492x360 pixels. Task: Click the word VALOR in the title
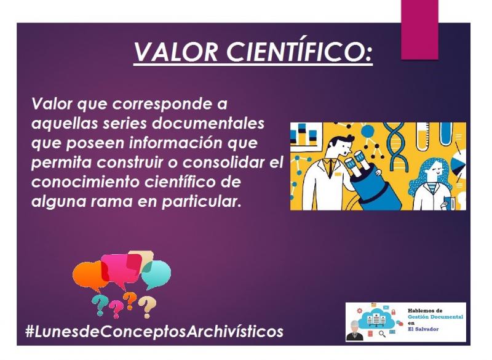click(x=176, y=52)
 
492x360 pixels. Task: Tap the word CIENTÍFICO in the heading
click(x=299, y=51)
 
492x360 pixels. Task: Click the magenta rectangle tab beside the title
click(x=419, y=30)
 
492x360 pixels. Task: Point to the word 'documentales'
click(x=208, y=123)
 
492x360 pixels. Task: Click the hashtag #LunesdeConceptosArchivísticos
click(x=154, y=332)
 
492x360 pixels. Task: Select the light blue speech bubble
click(x=156, y=274)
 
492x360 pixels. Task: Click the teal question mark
click(x=100, y=305)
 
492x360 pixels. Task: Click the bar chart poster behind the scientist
click(x=305, y=134)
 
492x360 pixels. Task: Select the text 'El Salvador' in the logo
click(x=423, y=329)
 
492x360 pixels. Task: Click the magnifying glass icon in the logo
click(x=382, y=334)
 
